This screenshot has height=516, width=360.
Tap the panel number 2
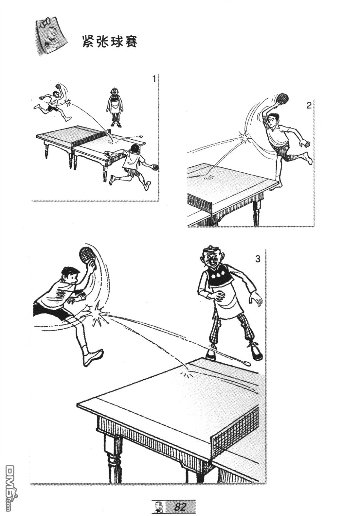point(309,106)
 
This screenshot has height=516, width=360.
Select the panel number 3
point(258,259)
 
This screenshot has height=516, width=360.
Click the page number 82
point(180,506)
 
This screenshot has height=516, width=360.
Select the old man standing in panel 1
point(115,107)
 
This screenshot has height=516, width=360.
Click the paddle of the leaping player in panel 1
point(58,86)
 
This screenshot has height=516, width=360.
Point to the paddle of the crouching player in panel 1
point(156,167)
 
